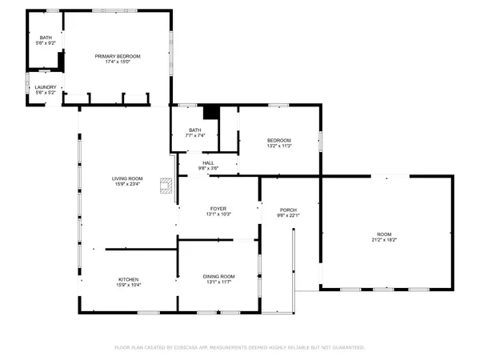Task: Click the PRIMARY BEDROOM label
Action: point(118,56)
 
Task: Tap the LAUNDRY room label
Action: point(45,86)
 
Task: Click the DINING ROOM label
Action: point(218,277)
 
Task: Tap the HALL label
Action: point(208,162)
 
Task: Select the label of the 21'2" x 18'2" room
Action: point(386,234)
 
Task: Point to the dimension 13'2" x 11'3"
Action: point(279,146)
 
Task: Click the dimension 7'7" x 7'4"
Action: point(194,135)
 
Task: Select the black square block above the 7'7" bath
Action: point(211,113)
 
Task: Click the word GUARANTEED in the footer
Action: point(346,348)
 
